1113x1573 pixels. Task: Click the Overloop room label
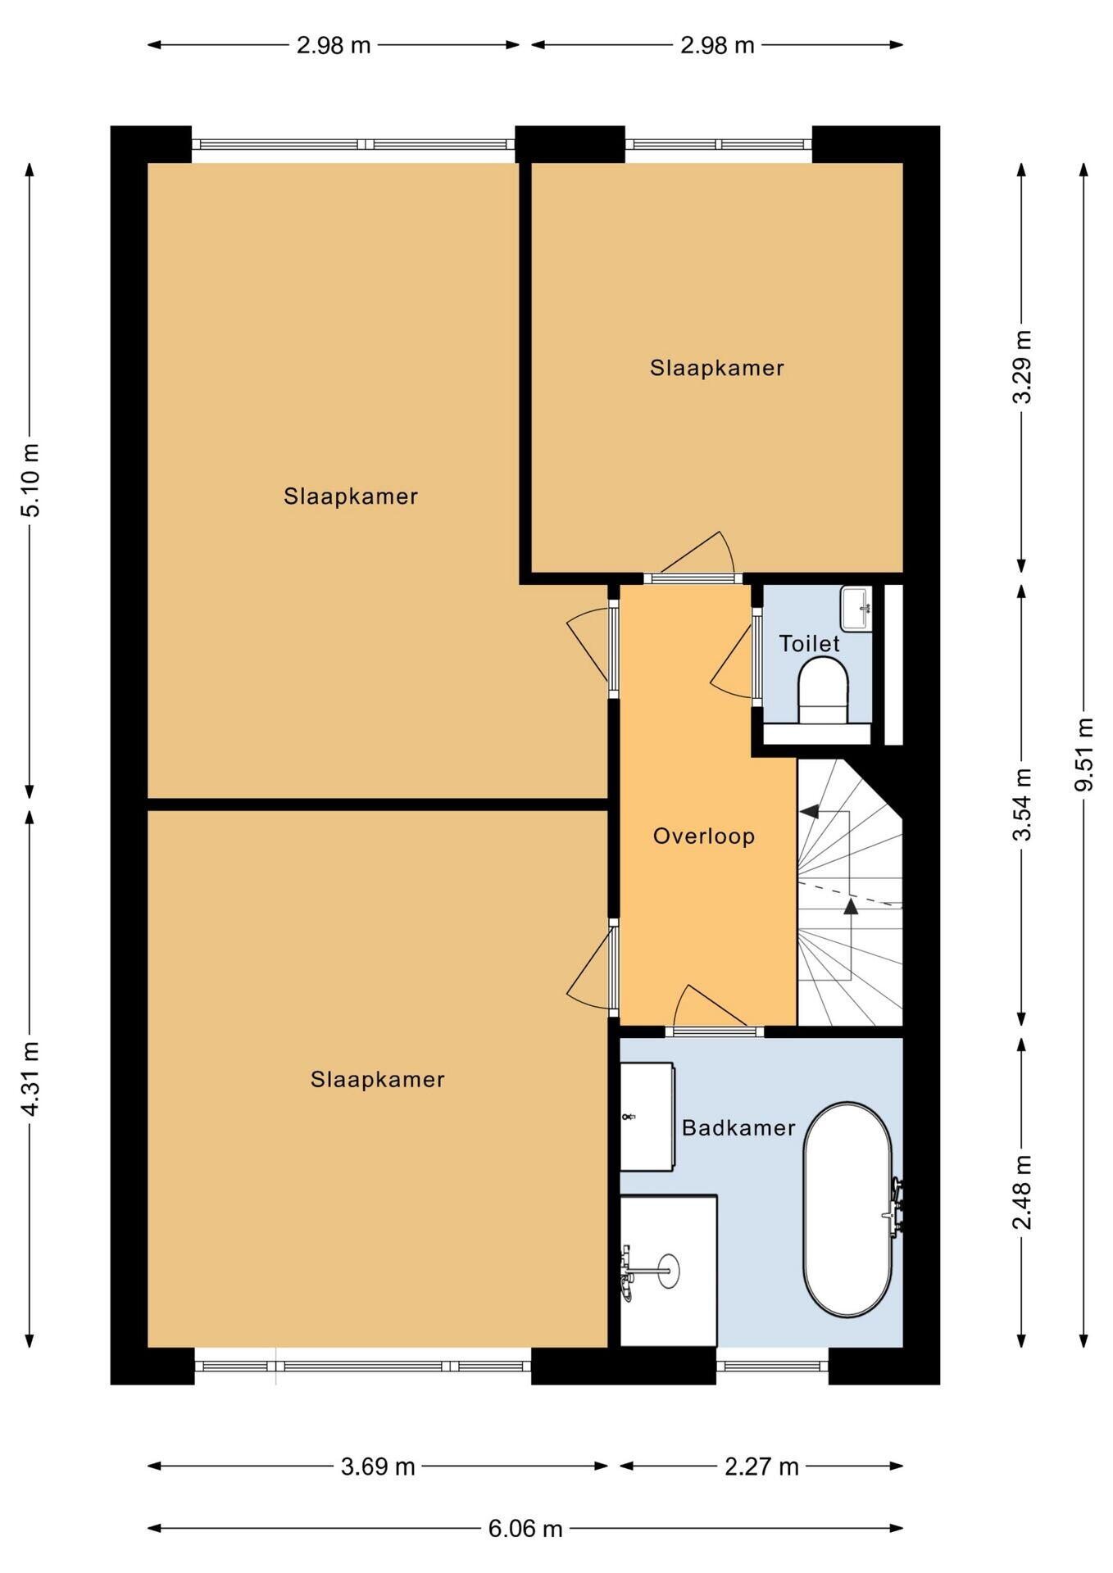click(703, 836)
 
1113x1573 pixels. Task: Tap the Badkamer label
click(738, 1128)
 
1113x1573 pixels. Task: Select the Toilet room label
click(809, 643)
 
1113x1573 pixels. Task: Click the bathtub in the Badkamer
click(847, 1210)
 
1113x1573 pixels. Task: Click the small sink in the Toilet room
click(856, 609)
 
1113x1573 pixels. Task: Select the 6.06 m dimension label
click(525, 1528)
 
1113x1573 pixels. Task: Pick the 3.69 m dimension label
click(378, 1466)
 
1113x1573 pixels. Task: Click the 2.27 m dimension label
click(761, 1466)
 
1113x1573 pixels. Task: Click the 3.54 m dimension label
click(1022, 805)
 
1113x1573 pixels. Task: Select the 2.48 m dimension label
click(1022, 1192)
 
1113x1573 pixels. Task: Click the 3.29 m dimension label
click(1022, 367)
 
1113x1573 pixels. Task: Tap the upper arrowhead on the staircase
click(809, 811)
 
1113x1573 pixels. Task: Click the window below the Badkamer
click(772, 1366)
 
